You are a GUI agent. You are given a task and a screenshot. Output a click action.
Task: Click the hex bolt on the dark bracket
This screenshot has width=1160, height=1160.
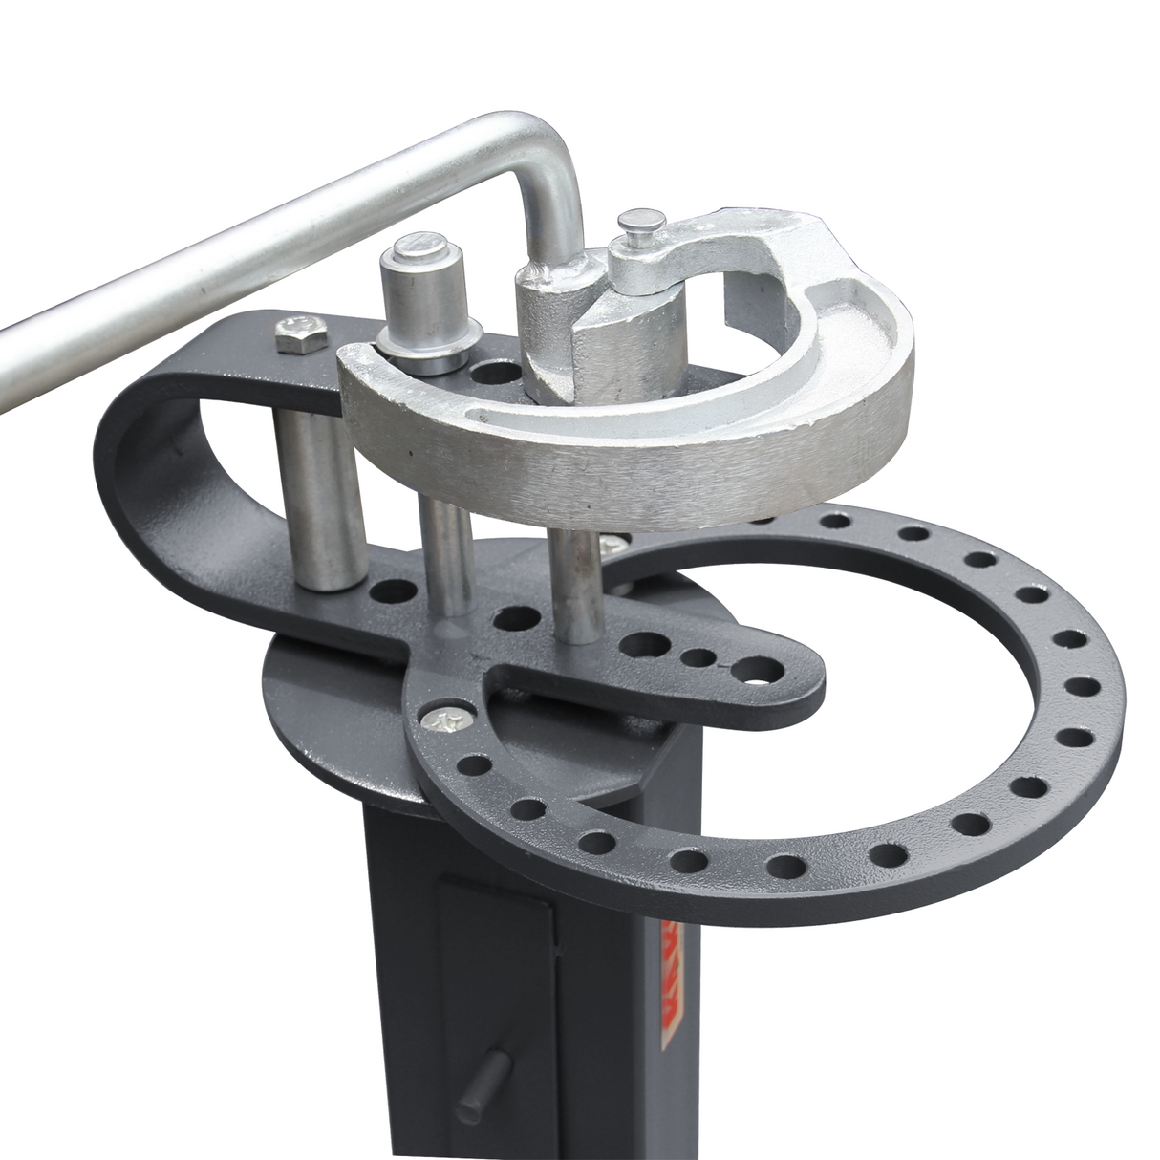[x=290, y=331]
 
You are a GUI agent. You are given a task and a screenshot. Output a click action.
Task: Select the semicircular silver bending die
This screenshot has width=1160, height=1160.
[x=669, y=449]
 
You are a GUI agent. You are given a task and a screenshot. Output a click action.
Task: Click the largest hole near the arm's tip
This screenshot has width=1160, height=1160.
[x=759, y=669]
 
